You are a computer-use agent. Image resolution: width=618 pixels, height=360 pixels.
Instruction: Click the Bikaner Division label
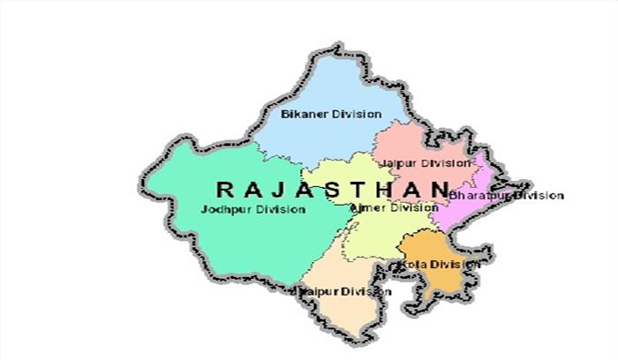coord(331,114)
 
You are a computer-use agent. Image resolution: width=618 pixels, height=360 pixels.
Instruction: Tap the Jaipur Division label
coord(424,163)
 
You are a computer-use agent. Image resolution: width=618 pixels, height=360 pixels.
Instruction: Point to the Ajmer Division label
coord(394,207)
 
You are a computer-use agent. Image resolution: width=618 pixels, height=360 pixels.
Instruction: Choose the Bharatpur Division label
coord(505,194)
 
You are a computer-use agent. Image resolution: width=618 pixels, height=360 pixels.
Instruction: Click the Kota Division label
coord(439,264)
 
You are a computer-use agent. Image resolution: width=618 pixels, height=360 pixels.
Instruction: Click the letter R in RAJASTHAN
coord(225,188)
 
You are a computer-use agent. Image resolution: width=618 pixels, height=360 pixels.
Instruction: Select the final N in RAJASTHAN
coord(440,188)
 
